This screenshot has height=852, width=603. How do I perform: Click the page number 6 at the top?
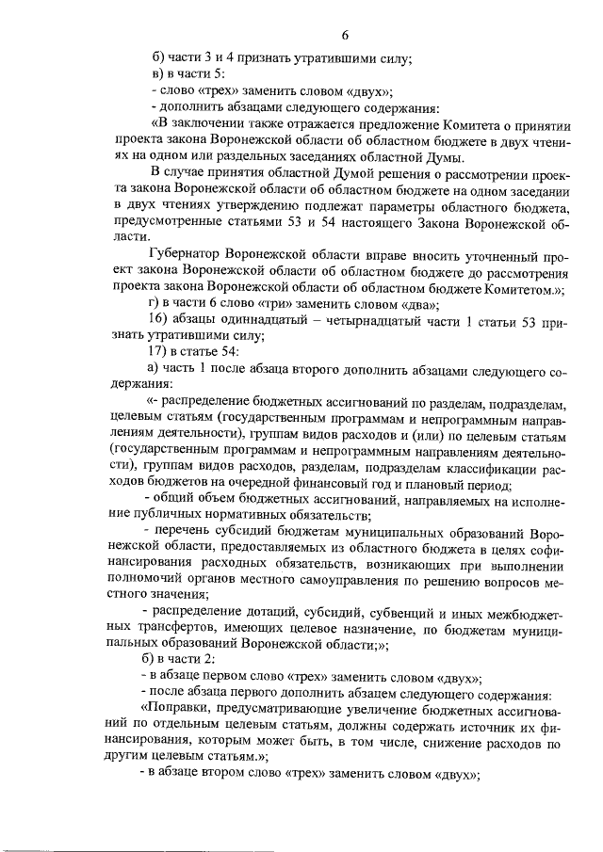click(x=345, y=36)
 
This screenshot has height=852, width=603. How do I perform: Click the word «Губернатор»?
click(x=189, y=254)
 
